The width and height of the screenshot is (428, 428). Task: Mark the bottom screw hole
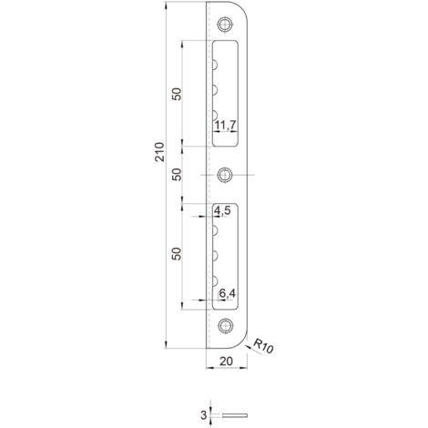224,324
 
